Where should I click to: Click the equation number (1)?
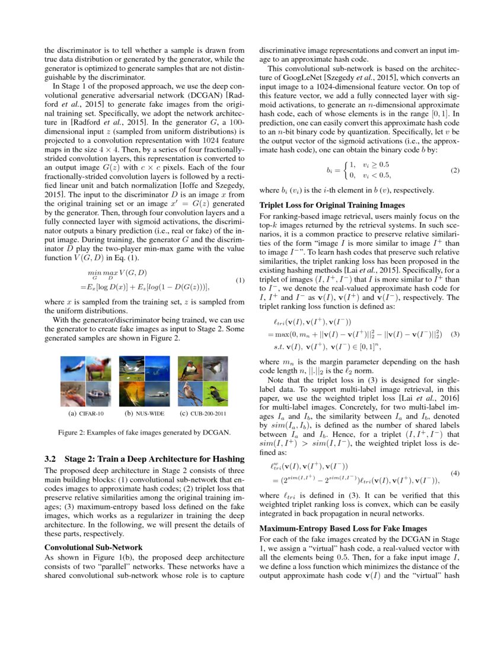(x=240, y=280)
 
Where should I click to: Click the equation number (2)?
(x=455, y=171)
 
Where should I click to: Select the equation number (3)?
(x=455, y=334)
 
